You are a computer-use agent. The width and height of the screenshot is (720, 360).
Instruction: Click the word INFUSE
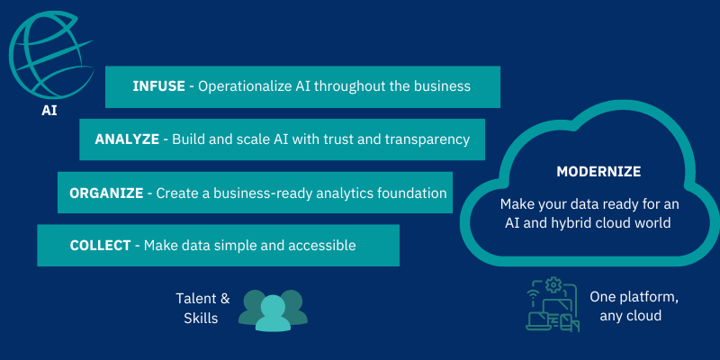click(x=159, y=86)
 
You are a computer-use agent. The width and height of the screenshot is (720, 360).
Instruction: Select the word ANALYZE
click(x=127, y=139)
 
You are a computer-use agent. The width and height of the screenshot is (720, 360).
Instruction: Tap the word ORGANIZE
click(x=106, y=193)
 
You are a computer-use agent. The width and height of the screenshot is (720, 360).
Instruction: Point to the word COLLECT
click(x=101, y=246)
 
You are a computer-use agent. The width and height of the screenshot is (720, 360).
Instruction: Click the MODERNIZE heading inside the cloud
click(x=598, y=172)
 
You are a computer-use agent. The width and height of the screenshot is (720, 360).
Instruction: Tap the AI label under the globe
click(x=49, y=111)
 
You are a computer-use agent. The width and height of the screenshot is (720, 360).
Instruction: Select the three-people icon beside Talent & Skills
click(x=274, y=310)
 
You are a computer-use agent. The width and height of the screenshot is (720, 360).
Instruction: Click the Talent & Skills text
click(x=202, y=308)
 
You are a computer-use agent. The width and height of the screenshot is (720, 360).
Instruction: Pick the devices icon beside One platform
click(x=553, y=304)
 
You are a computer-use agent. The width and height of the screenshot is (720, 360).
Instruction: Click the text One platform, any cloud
click(x=634, y=306)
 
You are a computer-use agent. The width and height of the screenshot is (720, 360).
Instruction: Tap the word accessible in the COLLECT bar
click(x=322, y=246)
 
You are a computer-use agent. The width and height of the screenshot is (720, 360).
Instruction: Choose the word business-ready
click(x=262, y=193)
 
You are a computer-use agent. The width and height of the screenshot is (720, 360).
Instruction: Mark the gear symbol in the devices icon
click(x=553, y=285)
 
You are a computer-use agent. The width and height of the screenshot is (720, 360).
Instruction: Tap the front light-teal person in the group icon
click(x=274, y=314)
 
